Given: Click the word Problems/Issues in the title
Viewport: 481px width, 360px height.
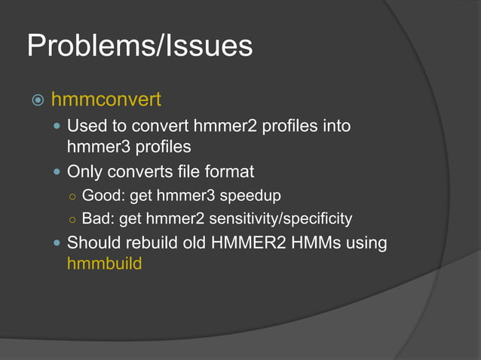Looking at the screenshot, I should click(x=139, y=47).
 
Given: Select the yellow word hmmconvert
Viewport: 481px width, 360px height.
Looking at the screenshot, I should click(x=106, y=100).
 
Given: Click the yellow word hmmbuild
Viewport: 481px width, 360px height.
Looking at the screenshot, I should click(x=104, y=264).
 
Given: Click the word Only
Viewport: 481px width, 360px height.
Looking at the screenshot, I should click(x=84, y=172).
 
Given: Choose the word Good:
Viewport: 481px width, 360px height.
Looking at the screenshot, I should click(x=103, y=196).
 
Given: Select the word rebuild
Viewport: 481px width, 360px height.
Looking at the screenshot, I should click(x=149, y=243).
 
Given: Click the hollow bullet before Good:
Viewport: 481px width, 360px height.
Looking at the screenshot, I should click(x=70, y=197).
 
